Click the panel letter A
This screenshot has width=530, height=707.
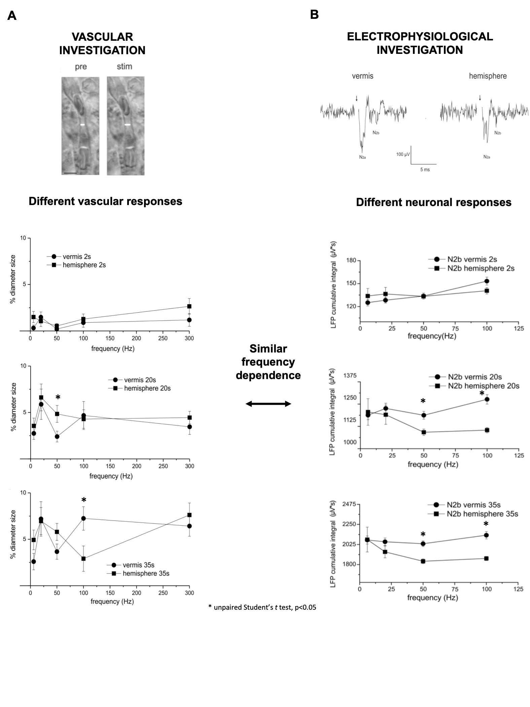12,16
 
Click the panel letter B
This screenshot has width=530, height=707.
314,14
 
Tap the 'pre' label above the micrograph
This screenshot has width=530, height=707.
81,67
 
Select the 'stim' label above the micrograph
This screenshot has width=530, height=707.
125,66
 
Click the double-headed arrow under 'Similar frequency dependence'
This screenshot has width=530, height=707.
268,404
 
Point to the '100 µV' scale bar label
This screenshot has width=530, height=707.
403,154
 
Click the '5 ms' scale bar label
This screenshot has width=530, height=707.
425,170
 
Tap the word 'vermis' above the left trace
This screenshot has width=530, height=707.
362,76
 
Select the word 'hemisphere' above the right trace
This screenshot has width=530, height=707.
488,76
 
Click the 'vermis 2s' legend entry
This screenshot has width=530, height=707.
76,257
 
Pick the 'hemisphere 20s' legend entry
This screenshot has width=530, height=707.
147,389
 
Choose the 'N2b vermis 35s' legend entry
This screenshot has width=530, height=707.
473,505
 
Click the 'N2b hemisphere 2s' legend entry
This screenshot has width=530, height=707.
481,268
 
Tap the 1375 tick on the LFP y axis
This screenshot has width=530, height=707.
350,376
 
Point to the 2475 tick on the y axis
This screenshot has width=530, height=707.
349,504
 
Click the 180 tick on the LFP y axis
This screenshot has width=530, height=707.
352,261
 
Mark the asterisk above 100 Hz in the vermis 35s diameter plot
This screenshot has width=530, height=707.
84,500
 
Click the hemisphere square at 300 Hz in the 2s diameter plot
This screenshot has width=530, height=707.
189,306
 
